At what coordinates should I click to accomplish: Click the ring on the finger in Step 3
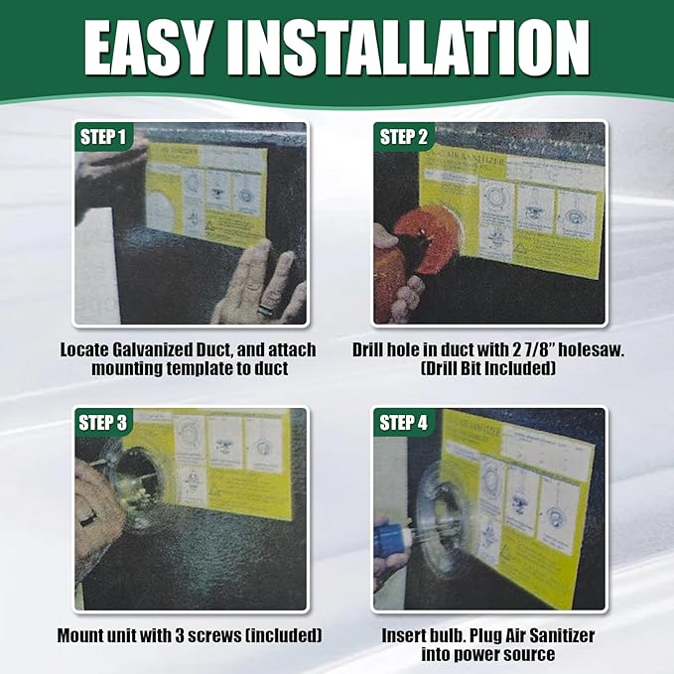click(90, 517)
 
